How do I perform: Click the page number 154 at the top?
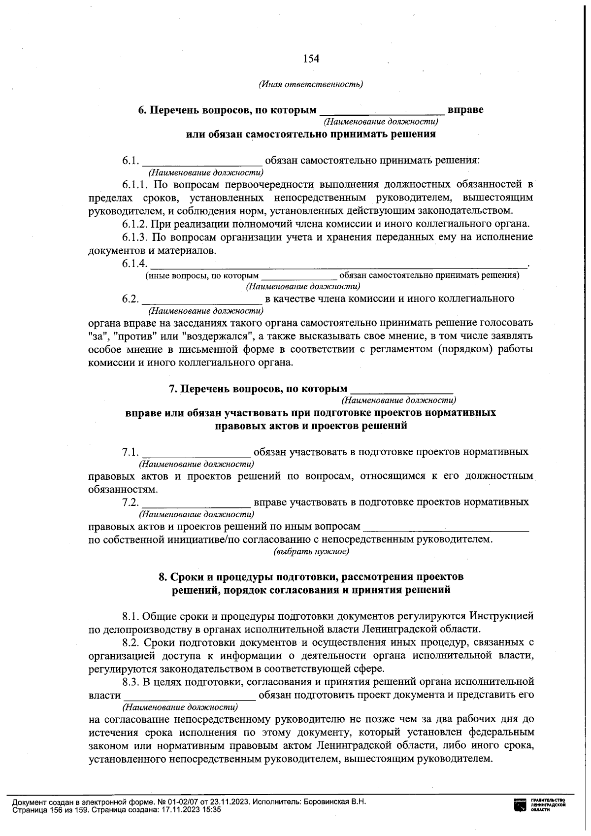tap(311, 59)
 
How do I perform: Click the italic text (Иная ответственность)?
tap(311, 84)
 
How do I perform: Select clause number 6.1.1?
tap(135, 185)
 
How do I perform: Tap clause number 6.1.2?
tap(135, 224)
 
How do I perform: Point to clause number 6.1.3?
tap(135, 237)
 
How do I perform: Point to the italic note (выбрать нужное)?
tap(311, 552)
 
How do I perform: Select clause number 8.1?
tap(132, 616)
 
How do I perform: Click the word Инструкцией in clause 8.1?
tap(501, 616)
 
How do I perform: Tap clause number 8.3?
tap(132, 682)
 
